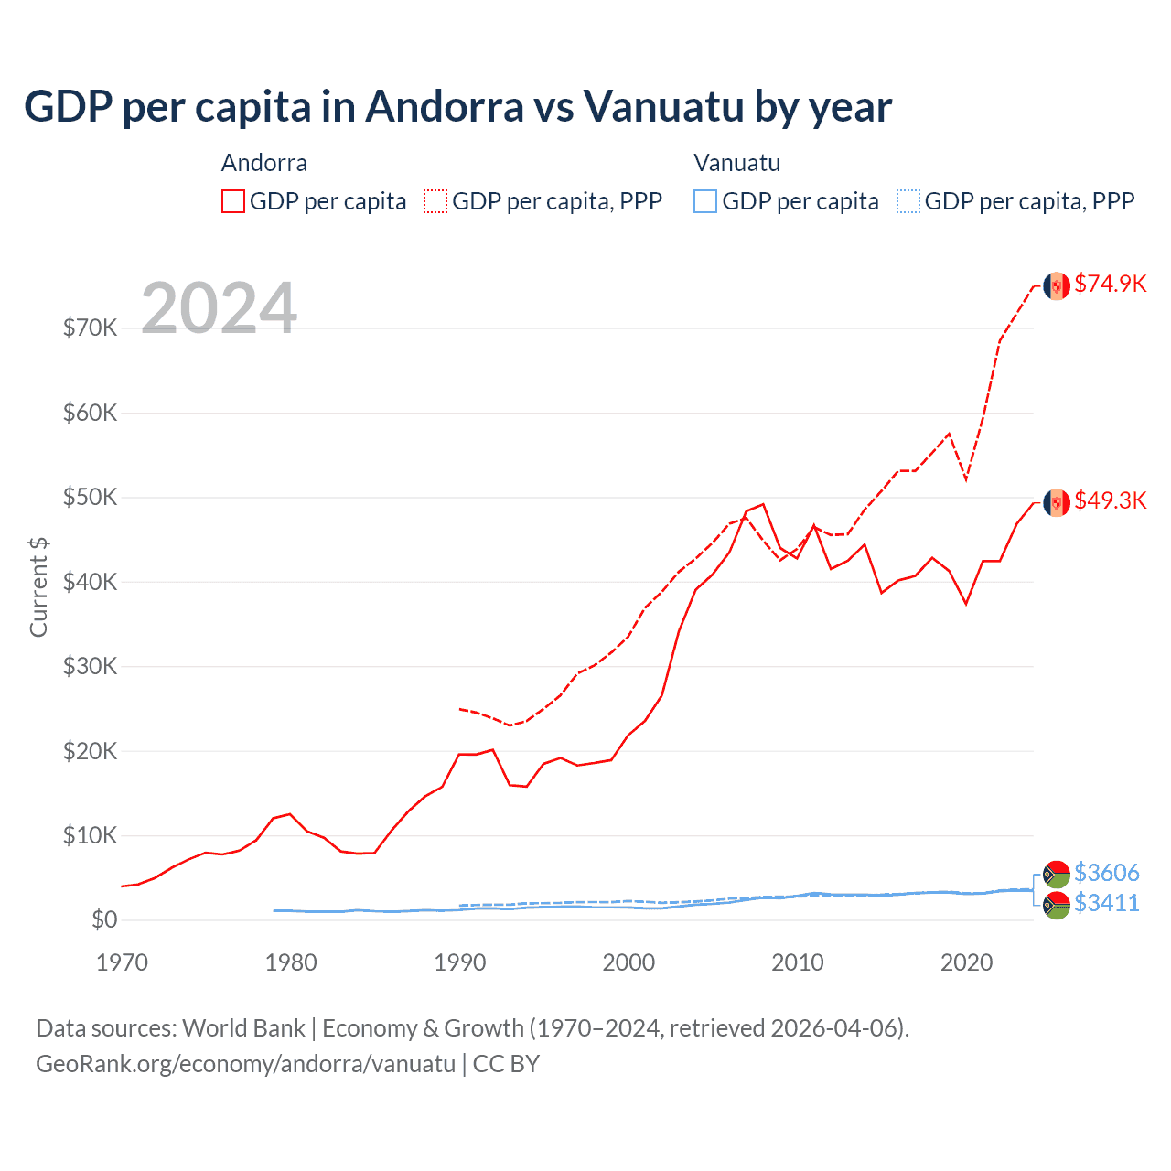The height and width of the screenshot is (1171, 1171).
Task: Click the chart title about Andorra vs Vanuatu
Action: (x=457, y=107)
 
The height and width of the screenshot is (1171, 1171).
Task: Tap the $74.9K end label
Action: (x=1110, y=284)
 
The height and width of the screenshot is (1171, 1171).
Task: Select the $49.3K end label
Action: (x=1110, y=500)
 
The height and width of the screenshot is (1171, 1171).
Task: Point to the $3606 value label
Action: (x=1106, y=873)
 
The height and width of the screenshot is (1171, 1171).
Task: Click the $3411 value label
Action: (x=1106, y=903)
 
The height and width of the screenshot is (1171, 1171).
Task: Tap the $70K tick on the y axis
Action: (x=90, y=328)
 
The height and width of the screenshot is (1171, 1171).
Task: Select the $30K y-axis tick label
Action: (x=90, y=666)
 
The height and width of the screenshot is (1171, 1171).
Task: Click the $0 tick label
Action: (x=104, y=919)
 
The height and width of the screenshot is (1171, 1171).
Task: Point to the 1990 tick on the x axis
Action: (x=459, y=962)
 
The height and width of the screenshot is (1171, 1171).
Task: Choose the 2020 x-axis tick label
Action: (x=966, y=962)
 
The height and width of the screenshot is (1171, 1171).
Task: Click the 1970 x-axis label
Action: (x=122, y=962)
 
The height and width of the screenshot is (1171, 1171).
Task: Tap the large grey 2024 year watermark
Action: (x=219, y=308)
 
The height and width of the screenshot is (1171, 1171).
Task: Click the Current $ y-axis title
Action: (x=38, y=587)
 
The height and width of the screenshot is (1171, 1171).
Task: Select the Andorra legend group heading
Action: (x=264, y=163)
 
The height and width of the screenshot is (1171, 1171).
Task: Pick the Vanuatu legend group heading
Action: (x=736, y=163)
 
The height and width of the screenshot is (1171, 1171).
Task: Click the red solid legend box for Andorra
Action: (x=233, y=201)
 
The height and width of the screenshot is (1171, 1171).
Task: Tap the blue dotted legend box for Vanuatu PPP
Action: (x=908, y=201)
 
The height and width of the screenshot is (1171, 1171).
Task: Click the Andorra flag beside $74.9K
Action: (x=1057, y=285)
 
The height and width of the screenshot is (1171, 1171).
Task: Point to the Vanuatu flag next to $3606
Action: (x=1057, y=875)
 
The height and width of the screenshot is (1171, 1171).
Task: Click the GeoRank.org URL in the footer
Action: (x=245, y=1064)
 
